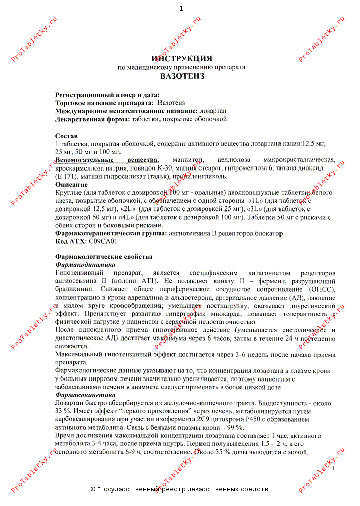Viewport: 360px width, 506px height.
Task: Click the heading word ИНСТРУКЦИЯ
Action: tap(182, 58)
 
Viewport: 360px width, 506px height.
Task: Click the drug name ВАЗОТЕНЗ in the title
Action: tap(182, 76)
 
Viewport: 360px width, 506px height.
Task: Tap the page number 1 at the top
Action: tap(181, 8)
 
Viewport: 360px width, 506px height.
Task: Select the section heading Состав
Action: tap(66, 136)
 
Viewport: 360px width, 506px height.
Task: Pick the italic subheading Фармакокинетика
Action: tap(85, 395)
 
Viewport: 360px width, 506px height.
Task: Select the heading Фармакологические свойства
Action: tap(103, 257)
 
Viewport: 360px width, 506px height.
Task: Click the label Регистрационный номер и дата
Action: tap(107, 95)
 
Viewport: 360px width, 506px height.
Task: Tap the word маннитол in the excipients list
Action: tap(188, 160)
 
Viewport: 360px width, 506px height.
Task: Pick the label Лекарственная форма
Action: tap(92, 119)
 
